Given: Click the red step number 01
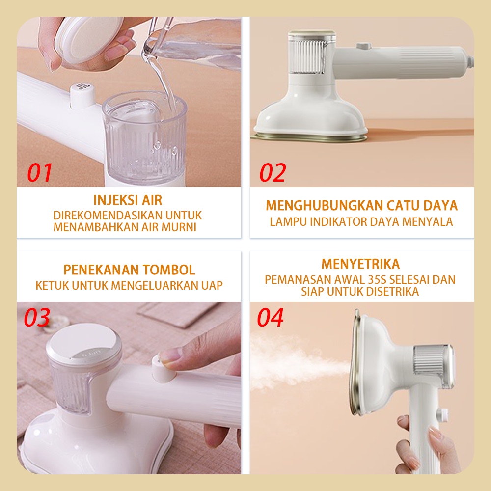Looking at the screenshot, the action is tap(39, 172).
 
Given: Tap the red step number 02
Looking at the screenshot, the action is tap(273, 172).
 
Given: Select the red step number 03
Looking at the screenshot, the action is tap(37, 317).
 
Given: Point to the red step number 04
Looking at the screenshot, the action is tap(270, 317).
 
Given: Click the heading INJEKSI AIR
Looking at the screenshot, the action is tap(128, 200).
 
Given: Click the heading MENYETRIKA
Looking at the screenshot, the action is tap(360, 264).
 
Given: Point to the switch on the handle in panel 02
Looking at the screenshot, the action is tap(363, 46).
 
